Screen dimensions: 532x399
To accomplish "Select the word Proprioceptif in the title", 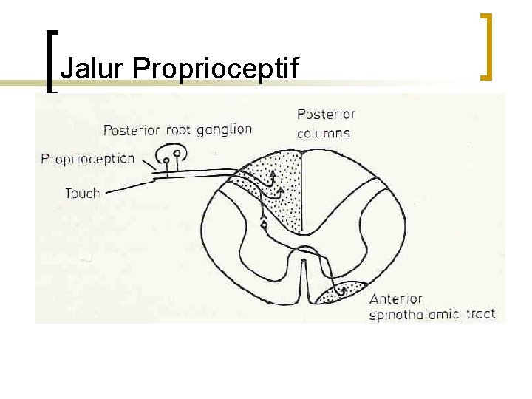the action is click(215, 69).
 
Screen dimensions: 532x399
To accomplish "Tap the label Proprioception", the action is click(88, 158).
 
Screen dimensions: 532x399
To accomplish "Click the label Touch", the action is click(82, 193).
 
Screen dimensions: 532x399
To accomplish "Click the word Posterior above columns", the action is click(326, 115).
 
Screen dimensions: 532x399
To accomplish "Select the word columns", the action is click(323, 134).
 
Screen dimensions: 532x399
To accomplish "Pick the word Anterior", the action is click(395, 299).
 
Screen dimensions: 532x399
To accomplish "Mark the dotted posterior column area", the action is click(284, 199).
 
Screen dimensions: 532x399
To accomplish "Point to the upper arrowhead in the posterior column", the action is click(272, 174).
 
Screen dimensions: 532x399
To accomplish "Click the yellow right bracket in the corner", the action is click(485, 46).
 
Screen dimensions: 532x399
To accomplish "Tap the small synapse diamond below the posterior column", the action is click(264, 223).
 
